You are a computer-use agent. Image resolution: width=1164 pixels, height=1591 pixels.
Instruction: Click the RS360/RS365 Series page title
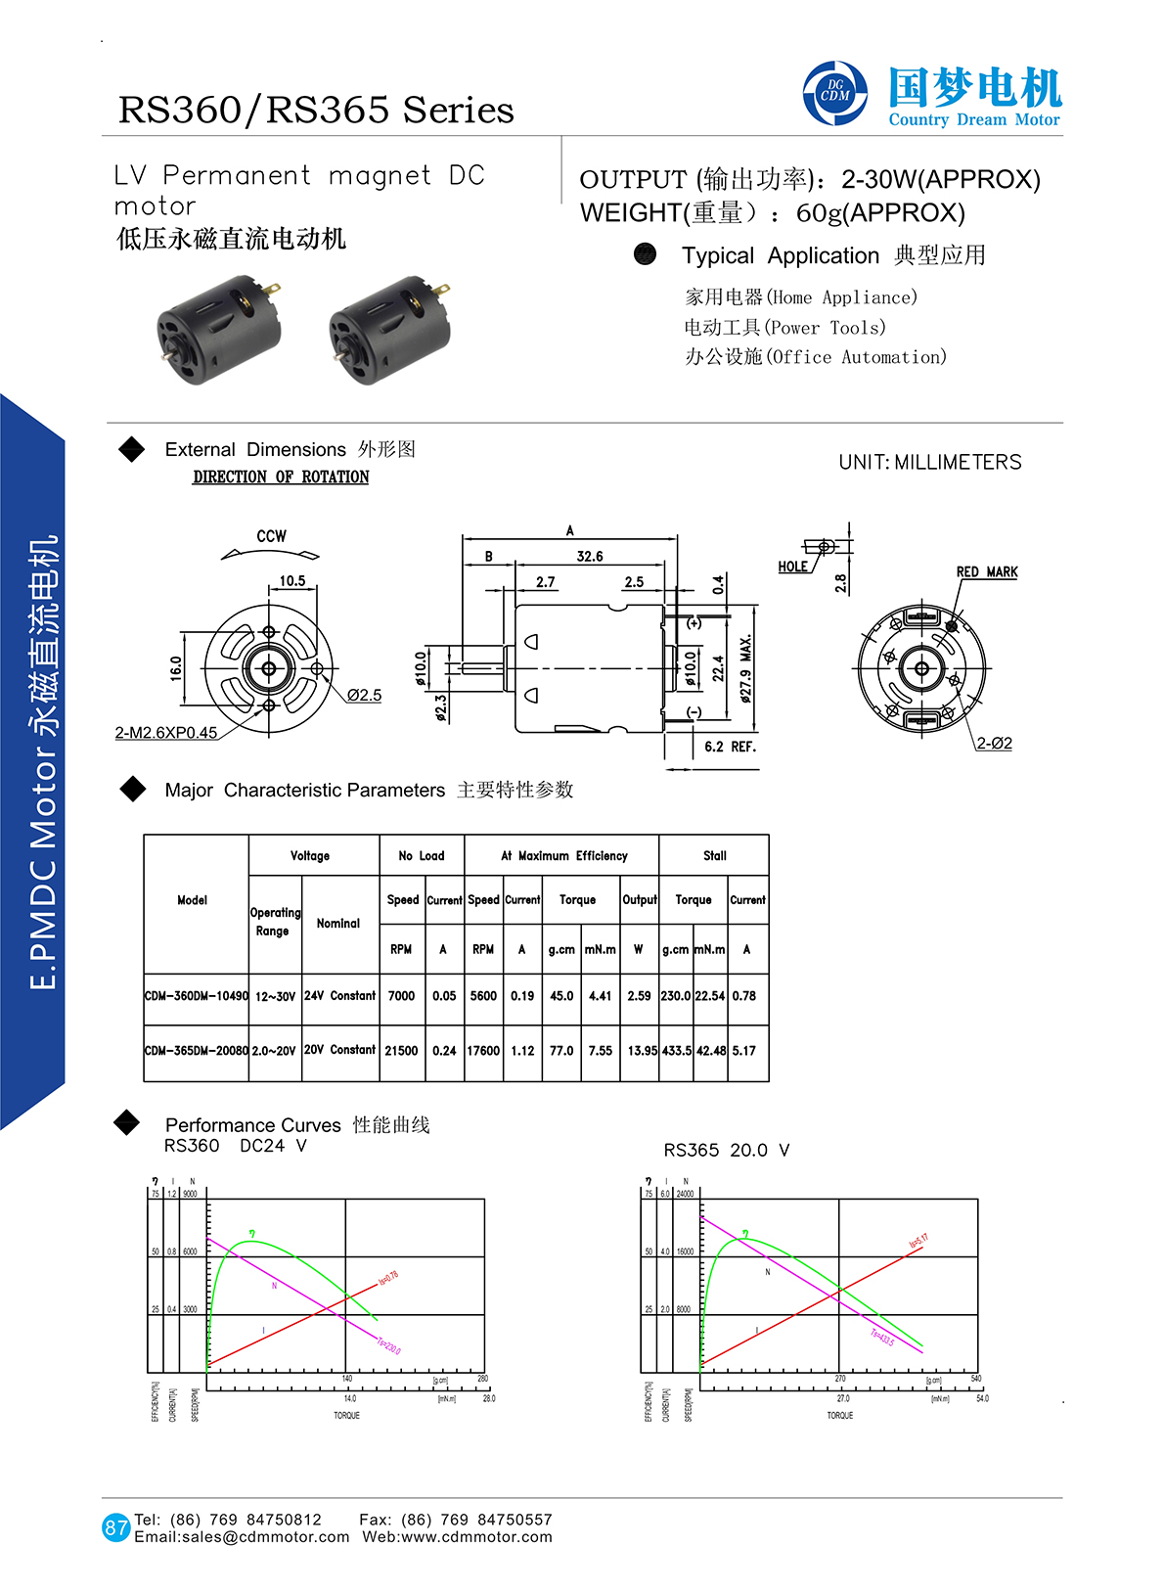click(316, 110)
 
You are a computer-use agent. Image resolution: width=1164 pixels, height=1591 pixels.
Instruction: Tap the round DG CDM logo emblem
click(834, 93)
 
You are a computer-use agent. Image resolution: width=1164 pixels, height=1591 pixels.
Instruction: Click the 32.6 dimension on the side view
click(590, 557)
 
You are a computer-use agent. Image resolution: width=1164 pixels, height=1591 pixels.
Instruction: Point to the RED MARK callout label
click(986, 571)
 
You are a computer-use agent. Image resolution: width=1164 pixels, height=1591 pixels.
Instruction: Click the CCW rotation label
click(271, 536)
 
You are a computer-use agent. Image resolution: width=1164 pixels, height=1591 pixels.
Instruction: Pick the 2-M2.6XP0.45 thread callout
click(166, 733)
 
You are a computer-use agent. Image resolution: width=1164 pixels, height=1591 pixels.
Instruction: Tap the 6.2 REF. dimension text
click(730, 747)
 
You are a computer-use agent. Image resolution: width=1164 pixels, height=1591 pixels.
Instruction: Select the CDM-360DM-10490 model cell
click(196, 996)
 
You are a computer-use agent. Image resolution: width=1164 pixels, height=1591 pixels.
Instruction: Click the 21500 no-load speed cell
click(401, 1051)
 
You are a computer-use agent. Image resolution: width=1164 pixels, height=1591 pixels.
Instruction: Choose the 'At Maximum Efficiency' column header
click(563, 856)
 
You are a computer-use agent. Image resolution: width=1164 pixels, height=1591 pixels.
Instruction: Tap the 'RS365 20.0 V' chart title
click(726, 1150)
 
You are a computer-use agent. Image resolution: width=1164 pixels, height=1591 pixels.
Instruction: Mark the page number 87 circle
click(116, 1527)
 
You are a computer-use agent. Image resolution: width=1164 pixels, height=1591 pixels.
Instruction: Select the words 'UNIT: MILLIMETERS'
click(929, 463)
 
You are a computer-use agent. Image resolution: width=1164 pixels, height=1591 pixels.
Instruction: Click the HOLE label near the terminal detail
click(792, 567)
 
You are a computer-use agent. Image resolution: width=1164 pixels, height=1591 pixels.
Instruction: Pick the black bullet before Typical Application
click(645, 254)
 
